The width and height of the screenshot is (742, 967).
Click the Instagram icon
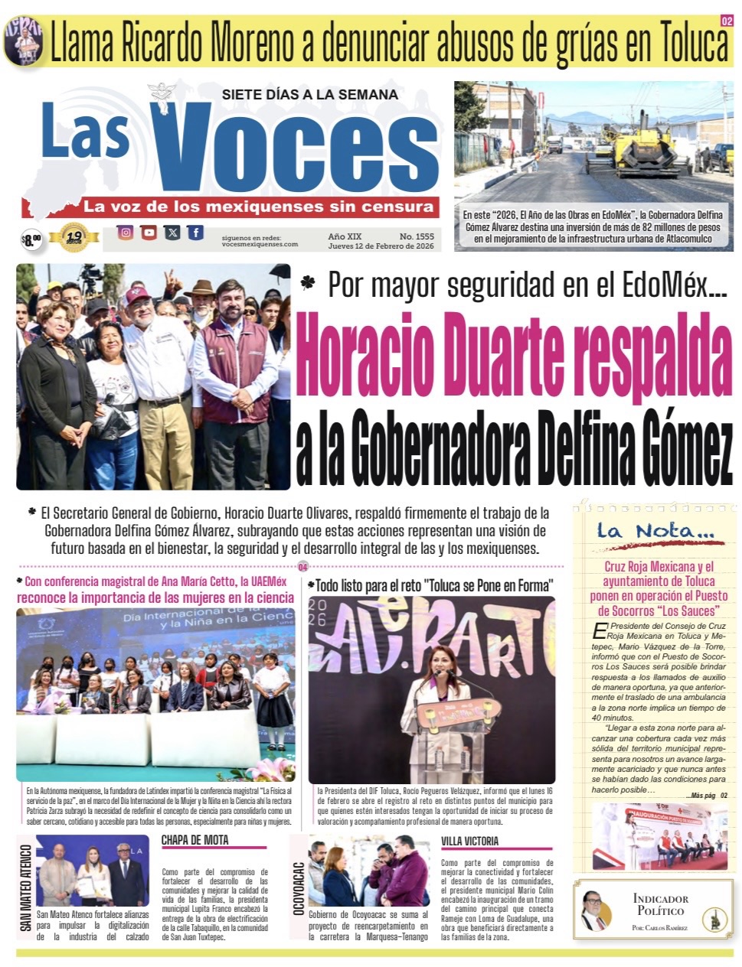[125, 233]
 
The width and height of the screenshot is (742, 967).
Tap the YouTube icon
[149, 233]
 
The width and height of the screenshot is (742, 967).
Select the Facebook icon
[196, 233]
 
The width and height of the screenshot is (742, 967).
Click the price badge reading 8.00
[31, 240]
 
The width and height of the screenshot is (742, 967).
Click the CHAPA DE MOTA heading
[194, 840]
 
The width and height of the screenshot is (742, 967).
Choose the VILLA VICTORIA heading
[469, 841]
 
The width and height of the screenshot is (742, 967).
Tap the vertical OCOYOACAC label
[299, 888]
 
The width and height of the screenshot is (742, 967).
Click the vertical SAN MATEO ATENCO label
[26, 887]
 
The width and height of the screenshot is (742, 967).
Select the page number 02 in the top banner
[726, 21]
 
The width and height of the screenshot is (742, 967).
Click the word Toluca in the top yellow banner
[683, 44]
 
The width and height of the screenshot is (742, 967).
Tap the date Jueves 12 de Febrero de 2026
[381, 246]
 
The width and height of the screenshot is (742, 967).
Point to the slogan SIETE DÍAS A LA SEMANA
[309, 95]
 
